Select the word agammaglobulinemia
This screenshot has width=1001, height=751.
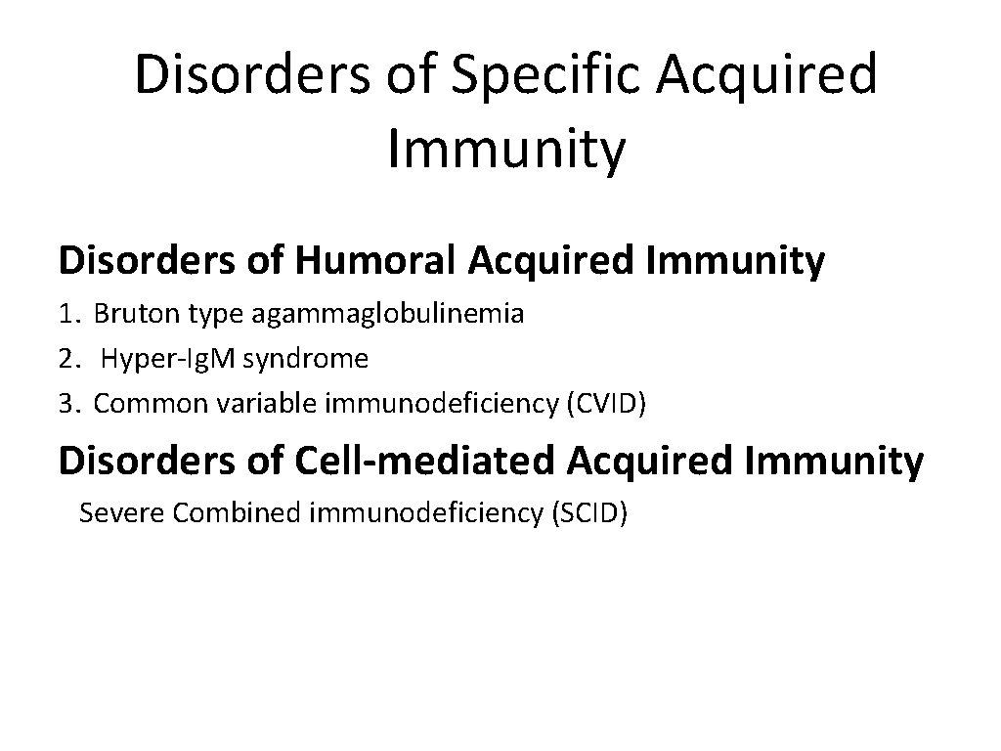(388, 314)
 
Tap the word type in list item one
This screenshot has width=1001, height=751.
(213, 316)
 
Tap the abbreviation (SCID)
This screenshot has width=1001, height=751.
(589, 512)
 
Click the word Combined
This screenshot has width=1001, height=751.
(237, 512)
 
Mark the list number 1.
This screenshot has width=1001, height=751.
(66, 314)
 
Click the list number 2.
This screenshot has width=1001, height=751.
(66, 360)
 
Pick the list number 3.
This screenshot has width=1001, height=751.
(66, 404)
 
